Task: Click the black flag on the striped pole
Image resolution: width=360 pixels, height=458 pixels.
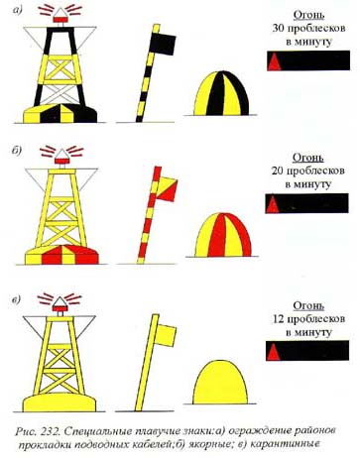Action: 163,44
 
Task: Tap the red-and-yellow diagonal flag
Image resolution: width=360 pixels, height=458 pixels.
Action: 167,189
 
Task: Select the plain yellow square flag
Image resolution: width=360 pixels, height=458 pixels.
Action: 166,335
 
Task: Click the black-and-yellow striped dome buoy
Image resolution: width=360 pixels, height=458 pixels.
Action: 221,93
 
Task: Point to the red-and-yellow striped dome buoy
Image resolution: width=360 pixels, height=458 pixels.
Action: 223,235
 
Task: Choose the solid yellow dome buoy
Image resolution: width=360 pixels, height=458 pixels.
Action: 220,383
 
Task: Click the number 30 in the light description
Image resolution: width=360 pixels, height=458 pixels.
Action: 278,28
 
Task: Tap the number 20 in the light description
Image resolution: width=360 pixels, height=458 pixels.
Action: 277,171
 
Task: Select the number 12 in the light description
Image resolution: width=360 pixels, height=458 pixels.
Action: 279,319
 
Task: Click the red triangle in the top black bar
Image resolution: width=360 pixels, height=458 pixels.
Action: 274,62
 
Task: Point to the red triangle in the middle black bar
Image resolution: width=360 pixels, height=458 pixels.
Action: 273,204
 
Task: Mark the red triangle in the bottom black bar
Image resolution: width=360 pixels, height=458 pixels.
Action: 274,352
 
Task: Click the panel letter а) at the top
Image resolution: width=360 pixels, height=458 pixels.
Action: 17,10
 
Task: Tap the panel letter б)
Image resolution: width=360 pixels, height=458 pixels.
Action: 17,150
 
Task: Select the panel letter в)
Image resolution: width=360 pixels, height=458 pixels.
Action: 17,300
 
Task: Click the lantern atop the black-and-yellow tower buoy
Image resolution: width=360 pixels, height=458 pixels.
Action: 60,16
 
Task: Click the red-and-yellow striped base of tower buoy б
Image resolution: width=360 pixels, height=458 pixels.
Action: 61,255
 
